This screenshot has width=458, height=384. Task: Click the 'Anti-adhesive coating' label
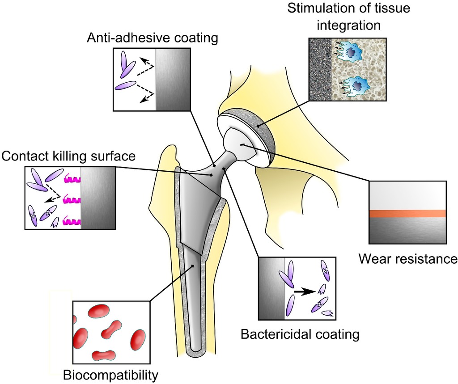[153, 38]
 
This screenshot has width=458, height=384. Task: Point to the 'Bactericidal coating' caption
[300, 333]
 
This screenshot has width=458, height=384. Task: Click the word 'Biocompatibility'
[110, 375]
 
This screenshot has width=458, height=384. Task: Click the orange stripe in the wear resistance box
[407, 214]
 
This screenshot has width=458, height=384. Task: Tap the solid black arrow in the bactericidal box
[303, 291]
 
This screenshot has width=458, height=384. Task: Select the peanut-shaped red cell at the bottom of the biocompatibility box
[104, 355]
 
